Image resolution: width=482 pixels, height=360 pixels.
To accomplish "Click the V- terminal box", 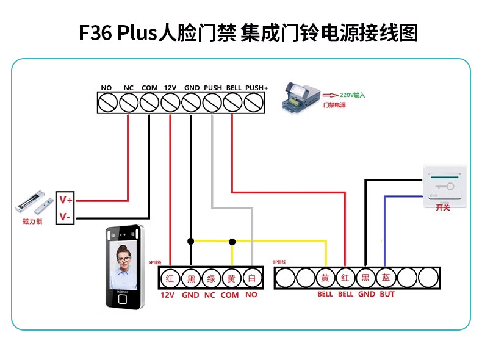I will coord(65,216).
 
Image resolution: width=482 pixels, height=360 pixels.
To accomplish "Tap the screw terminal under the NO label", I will coord(107,103).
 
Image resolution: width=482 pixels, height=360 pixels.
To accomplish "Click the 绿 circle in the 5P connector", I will coord(210,278).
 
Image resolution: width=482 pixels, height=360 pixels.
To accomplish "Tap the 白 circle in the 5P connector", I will coord(251,278).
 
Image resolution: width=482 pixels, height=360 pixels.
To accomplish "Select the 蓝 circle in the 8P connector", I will coord(386,278).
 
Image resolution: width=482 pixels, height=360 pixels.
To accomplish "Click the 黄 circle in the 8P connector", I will coord(325,278).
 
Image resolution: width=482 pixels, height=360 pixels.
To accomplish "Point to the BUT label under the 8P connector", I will coord(387,294).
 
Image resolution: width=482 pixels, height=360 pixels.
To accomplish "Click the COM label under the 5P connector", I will coord(229,295).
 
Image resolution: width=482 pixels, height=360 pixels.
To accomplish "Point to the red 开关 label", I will coord(443,208).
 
